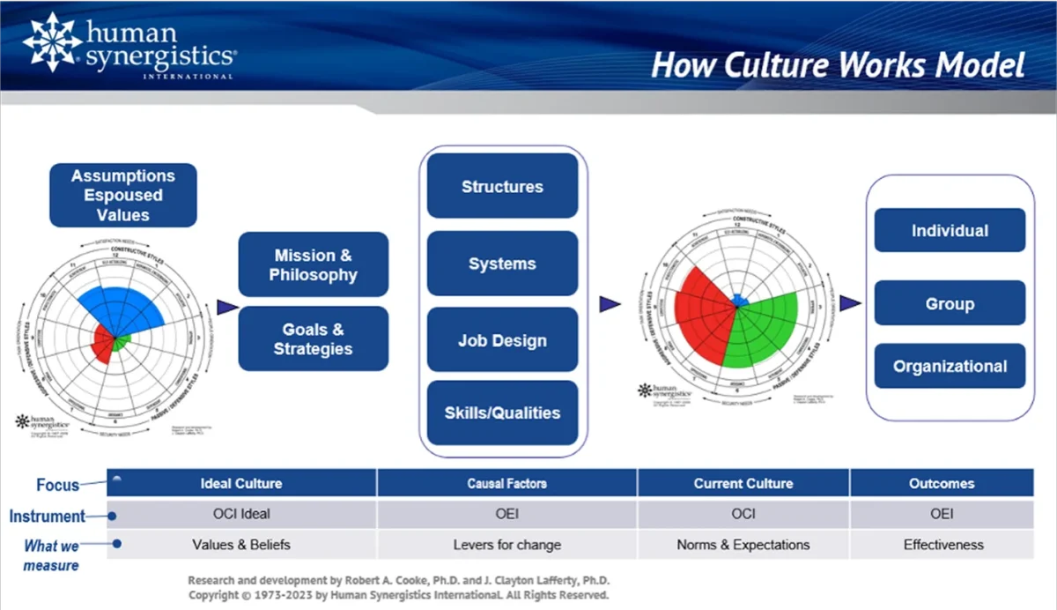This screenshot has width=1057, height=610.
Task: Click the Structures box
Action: tap(502, 186)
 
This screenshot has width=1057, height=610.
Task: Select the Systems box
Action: tap(502, 264)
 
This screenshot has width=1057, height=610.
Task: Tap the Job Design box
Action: tap(502, 340)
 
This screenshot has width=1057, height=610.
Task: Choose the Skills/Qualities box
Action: tap(502, 413)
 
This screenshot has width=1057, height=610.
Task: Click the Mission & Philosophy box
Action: tap(313, 264)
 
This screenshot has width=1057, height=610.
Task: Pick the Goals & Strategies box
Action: tap(313, 338)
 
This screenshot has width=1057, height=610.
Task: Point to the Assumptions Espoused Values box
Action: tap(122, 195)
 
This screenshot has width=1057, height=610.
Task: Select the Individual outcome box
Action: tap(949, 231)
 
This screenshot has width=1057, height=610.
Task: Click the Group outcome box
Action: tap(949, 303)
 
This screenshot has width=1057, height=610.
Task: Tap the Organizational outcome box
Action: tap(949, 366)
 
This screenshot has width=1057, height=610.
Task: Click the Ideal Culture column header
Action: tap(241, 483)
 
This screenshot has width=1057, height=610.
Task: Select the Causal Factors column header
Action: tap(506, 483)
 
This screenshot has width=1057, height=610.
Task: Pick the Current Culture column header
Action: tap(743, 483)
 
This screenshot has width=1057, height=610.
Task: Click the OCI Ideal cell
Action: tap(241, 514)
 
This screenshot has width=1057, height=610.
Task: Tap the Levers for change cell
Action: tap(506, 545)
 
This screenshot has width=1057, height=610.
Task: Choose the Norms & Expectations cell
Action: tap(743, 545)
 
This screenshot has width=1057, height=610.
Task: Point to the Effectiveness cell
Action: tap(942, 545)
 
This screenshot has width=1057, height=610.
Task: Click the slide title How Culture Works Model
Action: tap(838, 65)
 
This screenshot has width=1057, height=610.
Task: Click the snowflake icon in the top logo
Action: tap(52, 41)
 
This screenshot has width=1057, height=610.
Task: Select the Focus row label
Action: tap(57, 485)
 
